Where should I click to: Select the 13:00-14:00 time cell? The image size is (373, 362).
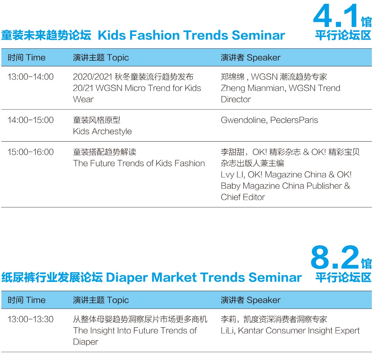tap(31, 77)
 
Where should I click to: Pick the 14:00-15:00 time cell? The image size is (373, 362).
tap(31, 120)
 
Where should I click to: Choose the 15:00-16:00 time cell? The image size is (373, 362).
tap(31, 152)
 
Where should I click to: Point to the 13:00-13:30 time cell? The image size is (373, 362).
tap(31, 319)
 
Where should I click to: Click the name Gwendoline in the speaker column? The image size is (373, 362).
tap(243, 120)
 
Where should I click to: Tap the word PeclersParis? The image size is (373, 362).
tap(294, 120)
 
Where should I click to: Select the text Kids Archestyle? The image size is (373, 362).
tap(102, 132)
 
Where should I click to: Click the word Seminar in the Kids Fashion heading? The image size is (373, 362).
tap(258, 35)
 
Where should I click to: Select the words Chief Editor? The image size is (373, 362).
tap(243, 197)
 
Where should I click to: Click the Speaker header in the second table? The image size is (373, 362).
tap(263, 300)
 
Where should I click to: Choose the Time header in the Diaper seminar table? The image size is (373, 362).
tap(36, 300)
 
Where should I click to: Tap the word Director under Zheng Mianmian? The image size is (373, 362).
tap(236, 99)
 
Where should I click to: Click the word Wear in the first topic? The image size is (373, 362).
tap(83, 99)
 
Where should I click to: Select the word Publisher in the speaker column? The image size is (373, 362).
tap(324, 186)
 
